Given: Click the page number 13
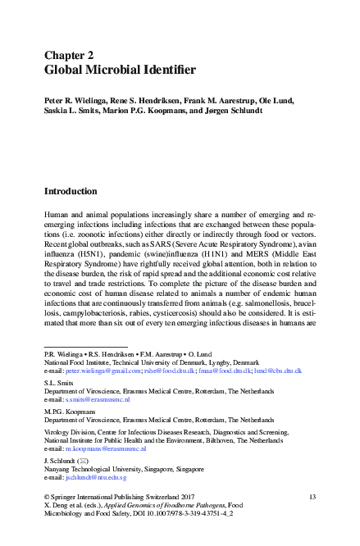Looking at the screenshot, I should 312,498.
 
